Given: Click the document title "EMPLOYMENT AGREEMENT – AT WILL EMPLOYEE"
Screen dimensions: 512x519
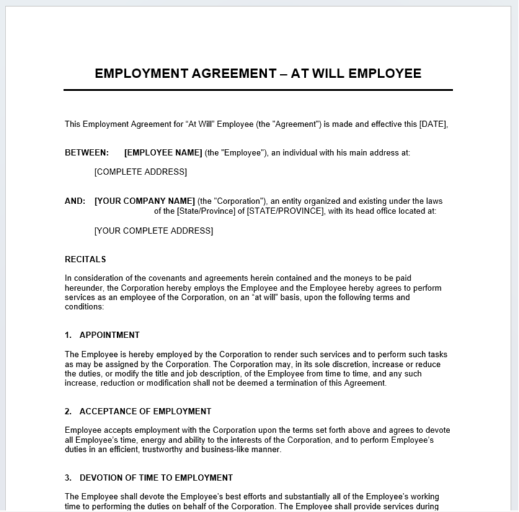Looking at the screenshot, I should pyautogui.click(x=258, y=74).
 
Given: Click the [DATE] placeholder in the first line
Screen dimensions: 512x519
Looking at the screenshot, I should pyautogui.click(x=433, y=124).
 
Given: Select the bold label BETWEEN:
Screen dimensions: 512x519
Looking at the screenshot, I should pyautogui.click(x=87, y=153).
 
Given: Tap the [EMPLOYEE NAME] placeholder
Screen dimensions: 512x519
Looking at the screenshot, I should pyautogui.click(x=163, y=153).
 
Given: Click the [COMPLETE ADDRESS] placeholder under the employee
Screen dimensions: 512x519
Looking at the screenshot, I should pyautogui.click(x=140, y=172).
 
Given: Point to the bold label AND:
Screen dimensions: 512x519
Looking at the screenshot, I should pyautogui.click(x=75, y=201).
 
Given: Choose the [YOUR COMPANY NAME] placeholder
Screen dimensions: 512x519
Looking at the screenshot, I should pyautogui.click(x=144, y=201).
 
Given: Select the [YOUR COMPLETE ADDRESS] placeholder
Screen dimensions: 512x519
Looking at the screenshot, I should pyautogui.click(x=153, y=231).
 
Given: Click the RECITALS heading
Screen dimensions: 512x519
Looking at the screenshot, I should pyautogui.click(x=86, y=259).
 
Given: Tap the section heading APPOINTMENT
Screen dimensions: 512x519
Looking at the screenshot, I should pyautogui.click(x=109, y=335).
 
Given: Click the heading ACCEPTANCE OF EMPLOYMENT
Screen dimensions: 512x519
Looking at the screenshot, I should pyautogui.click(x=145, y=411).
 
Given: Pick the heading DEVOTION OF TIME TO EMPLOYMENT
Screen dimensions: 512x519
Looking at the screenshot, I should pyautogui.click(x=156, y=478).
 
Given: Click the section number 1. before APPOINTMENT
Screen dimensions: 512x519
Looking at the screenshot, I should pyautogui.click(x=68, y=335).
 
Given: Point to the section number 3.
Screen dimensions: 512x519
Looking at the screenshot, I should pyautogui.click(x=68, y=478).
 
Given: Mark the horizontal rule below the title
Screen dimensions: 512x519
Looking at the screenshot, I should pyautogui.click(x=258, y=90).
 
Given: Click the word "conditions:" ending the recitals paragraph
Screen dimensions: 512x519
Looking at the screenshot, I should pyautogui.click(x=84, y=307).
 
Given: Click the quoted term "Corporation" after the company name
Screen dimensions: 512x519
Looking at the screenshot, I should pyautogui.click(x=239, y=201).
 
